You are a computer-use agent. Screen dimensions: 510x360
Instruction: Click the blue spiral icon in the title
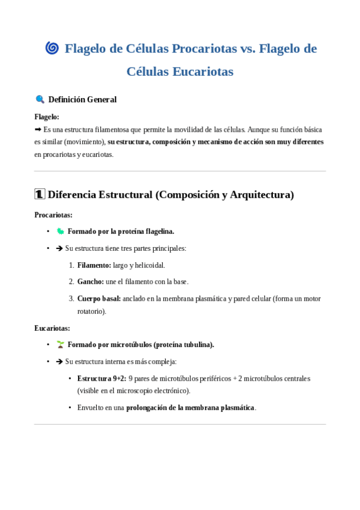tap(52, 48)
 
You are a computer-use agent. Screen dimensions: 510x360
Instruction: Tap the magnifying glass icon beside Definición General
tap(40, 99)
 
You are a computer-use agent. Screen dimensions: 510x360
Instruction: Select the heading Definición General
tap(82, 99)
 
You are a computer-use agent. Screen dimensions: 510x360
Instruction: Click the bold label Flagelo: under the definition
tap(47, 117)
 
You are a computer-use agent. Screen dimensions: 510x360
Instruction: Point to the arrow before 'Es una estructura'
tap(38, 129)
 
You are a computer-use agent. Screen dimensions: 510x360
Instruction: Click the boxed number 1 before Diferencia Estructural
tap(40, 194)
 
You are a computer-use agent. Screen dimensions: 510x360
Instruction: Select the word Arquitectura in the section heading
tap(261, 194)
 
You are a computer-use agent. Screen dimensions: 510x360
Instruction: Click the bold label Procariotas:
tap(53, 215)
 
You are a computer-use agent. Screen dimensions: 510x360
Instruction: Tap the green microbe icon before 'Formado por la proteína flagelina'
tap(60, 231)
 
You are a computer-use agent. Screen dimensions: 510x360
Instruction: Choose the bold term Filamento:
tap(94, 265)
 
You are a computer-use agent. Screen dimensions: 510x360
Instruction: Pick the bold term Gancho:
tap(91, 281)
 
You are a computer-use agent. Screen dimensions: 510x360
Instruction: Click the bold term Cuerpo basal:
tap(99, 298)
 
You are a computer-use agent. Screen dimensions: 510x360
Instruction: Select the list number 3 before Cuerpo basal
tap(71, 298)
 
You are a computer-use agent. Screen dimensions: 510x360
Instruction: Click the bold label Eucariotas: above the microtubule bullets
tap(52, 328)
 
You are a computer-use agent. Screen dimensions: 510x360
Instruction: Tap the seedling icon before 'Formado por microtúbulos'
tap(60, 345)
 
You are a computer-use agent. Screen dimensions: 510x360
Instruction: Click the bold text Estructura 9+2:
tap(102, 378)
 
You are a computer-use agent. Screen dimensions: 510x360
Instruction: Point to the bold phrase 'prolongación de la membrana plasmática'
tap(191, 407)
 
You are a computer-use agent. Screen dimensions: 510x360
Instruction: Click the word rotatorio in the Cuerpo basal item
tap(90, 311)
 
